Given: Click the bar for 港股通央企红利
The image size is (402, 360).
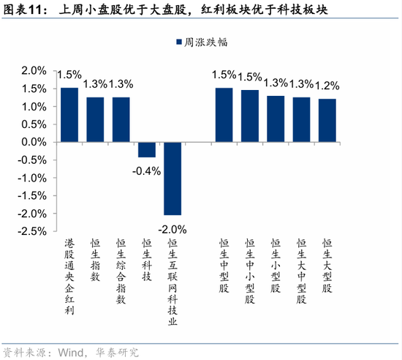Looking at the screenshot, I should (69, 115).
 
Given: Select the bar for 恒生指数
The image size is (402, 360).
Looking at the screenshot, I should (95, 119).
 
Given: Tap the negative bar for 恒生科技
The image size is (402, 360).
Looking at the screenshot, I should (147, 149).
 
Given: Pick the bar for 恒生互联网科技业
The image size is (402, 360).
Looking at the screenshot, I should (172, 178).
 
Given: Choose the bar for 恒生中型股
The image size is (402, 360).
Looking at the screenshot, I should (224, 115).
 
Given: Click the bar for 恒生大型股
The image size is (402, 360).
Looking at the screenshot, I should (327, 120).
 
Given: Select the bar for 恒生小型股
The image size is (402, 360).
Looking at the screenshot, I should (276, 119).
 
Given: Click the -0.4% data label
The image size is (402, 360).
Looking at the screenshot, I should (147, 170).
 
